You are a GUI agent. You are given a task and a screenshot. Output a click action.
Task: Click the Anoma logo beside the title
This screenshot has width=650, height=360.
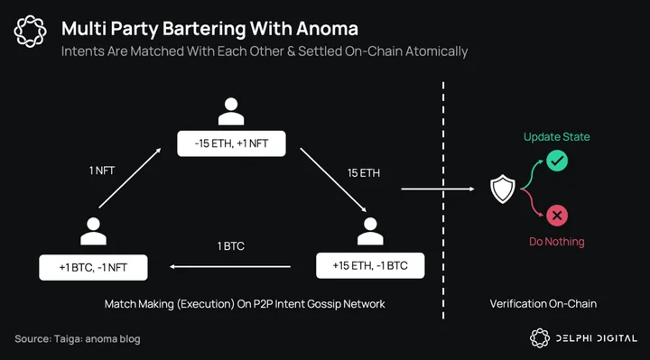31,31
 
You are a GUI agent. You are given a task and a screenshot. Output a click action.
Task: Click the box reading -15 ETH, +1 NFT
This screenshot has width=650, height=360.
231,143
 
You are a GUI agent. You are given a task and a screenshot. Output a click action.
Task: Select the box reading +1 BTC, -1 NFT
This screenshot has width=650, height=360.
93,267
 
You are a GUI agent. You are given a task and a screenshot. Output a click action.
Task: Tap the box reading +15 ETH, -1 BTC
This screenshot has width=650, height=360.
370,265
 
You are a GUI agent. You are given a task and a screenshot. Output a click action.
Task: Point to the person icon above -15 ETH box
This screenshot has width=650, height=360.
231,111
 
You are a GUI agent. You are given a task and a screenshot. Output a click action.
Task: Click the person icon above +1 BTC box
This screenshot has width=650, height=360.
93,231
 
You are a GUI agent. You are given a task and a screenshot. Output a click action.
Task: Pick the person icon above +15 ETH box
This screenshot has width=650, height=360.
370,231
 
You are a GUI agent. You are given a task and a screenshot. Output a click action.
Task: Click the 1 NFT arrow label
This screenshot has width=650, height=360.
102,171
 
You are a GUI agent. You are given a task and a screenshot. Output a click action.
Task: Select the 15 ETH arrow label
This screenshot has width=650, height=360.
364,172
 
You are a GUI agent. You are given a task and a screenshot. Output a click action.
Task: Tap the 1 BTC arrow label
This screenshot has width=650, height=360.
231,246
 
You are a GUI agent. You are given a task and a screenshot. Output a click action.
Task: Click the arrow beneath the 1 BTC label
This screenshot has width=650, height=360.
230,267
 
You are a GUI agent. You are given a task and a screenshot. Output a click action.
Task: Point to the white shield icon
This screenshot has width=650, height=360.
503,189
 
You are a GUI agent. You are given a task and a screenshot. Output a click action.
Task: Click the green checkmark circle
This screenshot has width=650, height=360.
557,161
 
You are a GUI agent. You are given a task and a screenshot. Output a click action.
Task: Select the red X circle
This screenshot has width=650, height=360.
557,216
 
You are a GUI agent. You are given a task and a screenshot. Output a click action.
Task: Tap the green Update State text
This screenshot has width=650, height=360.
557,137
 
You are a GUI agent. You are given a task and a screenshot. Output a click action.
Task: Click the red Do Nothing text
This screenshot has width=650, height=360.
557,242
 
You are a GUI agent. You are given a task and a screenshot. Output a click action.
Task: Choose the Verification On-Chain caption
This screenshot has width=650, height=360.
543,304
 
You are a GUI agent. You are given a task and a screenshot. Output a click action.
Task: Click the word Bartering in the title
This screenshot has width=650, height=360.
204,29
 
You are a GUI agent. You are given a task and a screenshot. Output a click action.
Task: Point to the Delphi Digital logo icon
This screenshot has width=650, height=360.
540,338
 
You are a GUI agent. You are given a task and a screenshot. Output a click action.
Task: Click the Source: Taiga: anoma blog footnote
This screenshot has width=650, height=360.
78,339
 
